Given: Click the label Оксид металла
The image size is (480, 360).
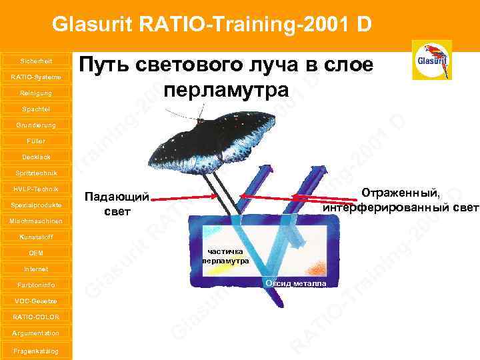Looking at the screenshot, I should click(x=296, y=283).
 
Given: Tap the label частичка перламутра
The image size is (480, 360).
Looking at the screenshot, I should click(x=227, y=255).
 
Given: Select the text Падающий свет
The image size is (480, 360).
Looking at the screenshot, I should click(x=117, y=204).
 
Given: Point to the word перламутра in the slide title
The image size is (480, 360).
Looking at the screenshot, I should click(x=227, y=89).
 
